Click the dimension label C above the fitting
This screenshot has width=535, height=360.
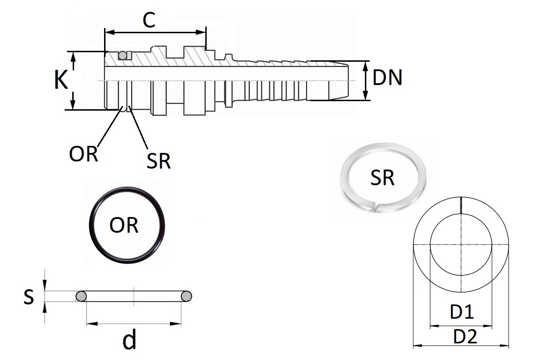point(149,21)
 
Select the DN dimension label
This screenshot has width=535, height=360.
point(388,78)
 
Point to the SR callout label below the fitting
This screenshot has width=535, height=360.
point(159,161)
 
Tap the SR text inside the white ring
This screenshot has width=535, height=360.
point(382,178)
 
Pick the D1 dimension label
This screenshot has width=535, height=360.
point(461,313)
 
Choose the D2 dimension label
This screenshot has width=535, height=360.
point(464,337)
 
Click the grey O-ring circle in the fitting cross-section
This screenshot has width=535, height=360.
point(123,56)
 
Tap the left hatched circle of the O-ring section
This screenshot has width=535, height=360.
point(81,296)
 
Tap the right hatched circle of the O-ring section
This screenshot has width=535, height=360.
point(186,296)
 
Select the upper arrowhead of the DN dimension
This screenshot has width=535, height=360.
point(365,64)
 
